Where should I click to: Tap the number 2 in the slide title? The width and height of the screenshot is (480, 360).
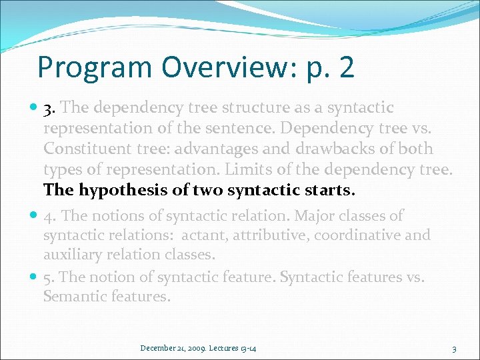click(345, 67)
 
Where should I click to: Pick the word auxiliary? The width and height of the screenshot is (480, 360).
click(73, 255)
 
